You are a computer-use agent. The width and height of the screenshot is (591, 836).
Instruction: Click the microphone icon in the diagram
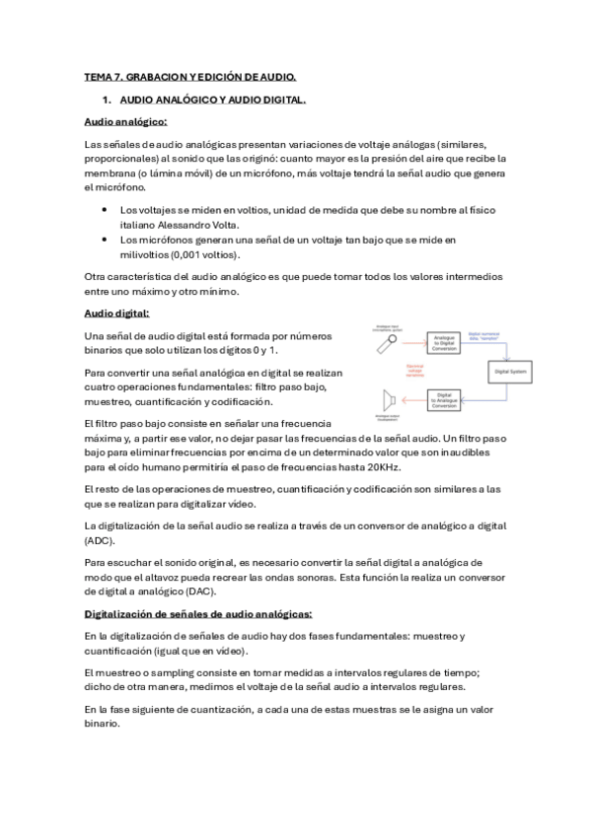[391, 344]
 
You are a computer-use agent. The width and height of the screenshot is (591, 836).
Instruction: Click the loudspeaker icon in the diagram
[389, 398]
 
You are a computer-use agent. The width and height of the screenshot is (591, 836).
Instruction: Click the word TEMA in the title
[100, 76]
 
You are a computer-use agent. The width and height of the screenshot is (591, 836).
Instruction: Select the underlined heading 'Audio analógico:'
[125, 121]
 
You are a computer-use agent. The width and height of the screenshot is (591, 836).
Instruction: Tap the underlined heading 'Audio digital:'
[117, 313]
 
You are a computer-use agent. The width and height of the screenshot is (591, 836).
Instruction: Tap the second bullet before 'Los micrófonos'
[105, 240]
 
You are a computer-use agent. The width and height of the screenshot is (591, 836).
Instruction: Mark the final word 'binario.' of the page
[103, 723]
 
